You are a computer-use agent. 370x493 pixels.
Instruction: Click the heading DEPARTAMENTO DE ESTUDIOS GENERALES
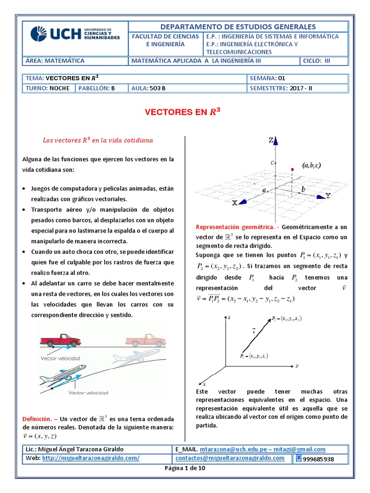238,26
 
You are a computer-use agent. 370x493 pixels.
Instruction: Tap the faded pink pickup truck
146,339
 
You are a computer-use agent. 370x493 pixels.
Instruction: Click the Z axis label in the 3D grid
271,140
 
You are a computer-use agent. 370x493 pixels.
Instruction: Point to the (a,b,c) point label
312,165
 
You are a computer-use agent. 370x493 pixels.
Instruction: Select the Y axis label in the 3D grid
328,195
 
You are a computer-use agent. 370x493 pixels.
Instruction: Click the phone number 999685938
318,459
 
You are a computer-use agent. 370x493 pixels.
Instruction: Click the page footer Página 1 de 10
185,469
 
